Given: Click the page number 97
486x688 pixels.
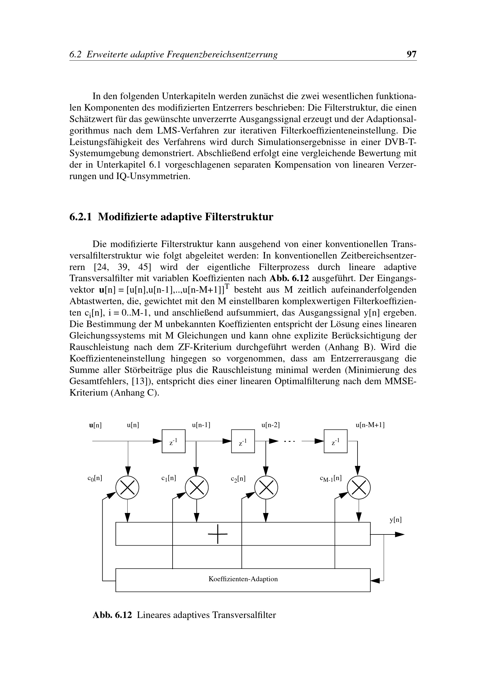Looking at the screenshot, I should [411, 54].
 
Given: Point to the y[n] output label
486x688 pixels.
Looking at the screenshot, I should [395, 519].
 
